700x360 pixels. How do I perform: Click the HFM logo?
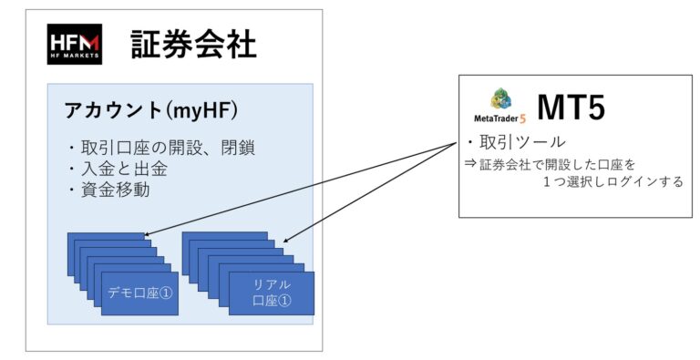(74, 44)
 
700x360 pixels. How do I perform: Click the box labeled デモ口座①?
(139, 293)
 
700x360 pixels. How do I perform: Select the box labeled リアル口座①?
(272, 293)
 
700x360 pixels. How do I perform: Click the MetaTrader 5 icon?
(500, 99)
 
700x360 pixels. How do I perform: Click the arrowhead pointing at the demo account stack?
(147, 235)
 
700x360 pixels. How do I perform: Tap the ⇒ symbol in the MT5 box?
(470, 163)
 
